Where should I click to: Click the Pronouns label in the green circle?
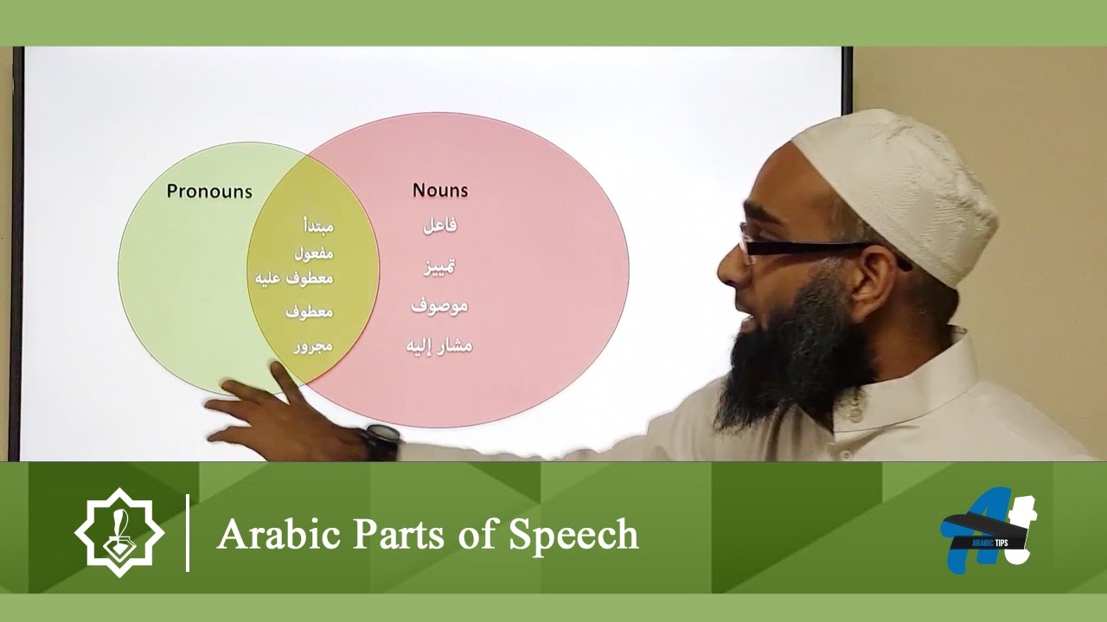209,191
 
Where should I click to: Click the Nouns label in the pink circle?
440,190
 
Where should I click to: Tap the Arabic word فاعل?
440,225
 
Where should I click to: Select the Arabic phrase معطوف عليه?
295,278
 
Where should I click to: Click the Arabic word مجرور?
313,346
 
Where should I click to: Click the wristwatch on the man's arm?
381,441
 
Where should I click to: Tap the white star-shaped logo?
118,532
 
